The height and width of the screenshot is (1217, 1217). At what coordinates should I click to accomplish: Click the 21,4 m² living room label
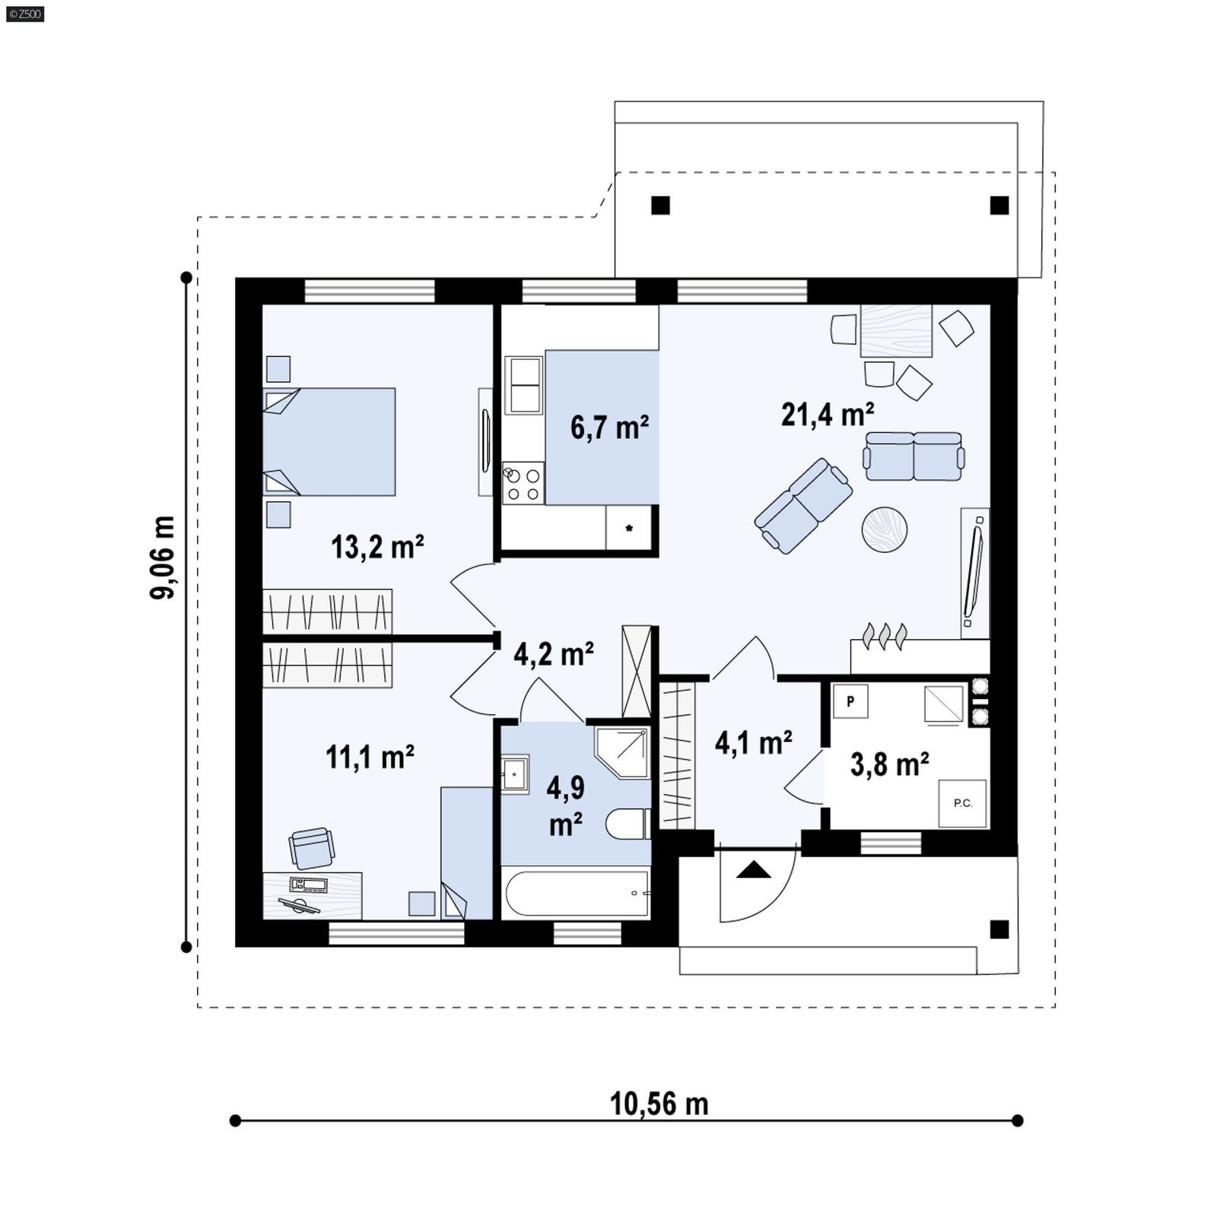pos(828,415)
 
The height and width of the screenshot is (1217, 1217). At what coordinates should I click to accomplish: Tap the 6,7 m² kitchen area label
pos(609,427)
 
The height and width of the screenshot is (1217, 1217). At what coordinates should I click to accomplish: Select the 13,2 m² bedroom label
pos(377,546)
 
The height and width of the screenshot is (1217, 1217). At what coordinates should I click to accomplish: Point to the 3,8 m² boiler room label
pos(889,764)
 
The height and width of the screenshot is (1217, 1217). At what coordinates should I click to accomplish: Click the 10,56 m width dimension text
pos(659,1104)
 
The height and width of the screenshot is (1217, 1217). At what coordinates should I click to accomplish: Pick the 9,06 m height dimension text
pos(162,558)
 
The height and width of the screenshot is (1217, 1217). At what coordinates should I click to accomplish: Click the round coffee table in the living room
pos(884,529)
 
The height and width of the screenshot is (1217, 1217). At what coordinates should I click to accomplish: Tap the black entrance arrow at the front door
pos(753,869)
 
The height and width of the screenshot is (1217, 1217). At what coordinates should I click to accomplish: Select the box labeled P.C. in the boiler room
pos(962,802)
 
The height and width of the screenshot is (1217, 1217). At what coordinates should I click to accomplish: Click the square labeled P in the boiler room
pos(850,701)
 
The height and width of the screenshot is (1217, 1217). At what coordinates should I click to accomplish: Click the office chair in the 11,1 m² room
pos(311,847)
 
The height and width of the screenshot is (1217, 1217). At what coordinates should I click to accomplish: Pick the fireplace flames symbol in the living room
pos(885,635)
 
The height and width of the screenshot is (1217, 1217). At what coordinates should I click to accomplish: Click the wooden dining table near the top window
pos(896,330)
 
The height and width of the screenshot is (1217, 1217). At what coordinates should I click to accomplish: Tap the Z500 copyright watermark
pos(24,13)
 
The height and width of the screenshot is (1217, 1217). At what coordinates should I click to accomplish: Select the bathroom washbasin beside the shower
pos(516,774)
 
